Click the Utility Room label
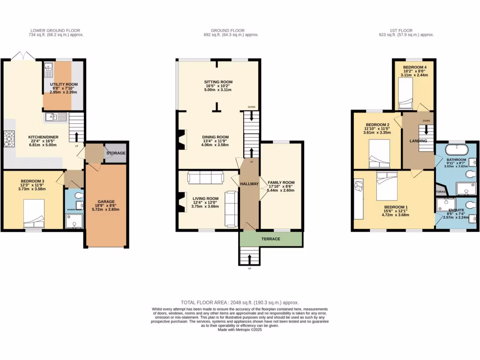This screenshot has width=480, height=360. tap(64, 84)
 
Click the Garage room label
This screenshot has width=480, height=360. tap(106, 202)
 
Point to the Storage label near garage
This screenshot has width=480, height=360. tap(116, 153)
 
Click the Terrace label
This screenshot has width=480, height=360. tap(271, 239)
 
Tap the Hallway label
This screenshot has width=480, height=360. tap(249, 184)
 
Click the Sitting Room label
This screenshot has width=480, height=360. tap(218, 82)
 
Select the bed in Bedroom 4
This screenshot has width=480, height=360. tap(405, 92)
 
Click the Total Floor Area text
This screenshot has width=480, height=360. tap(240, 303)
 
